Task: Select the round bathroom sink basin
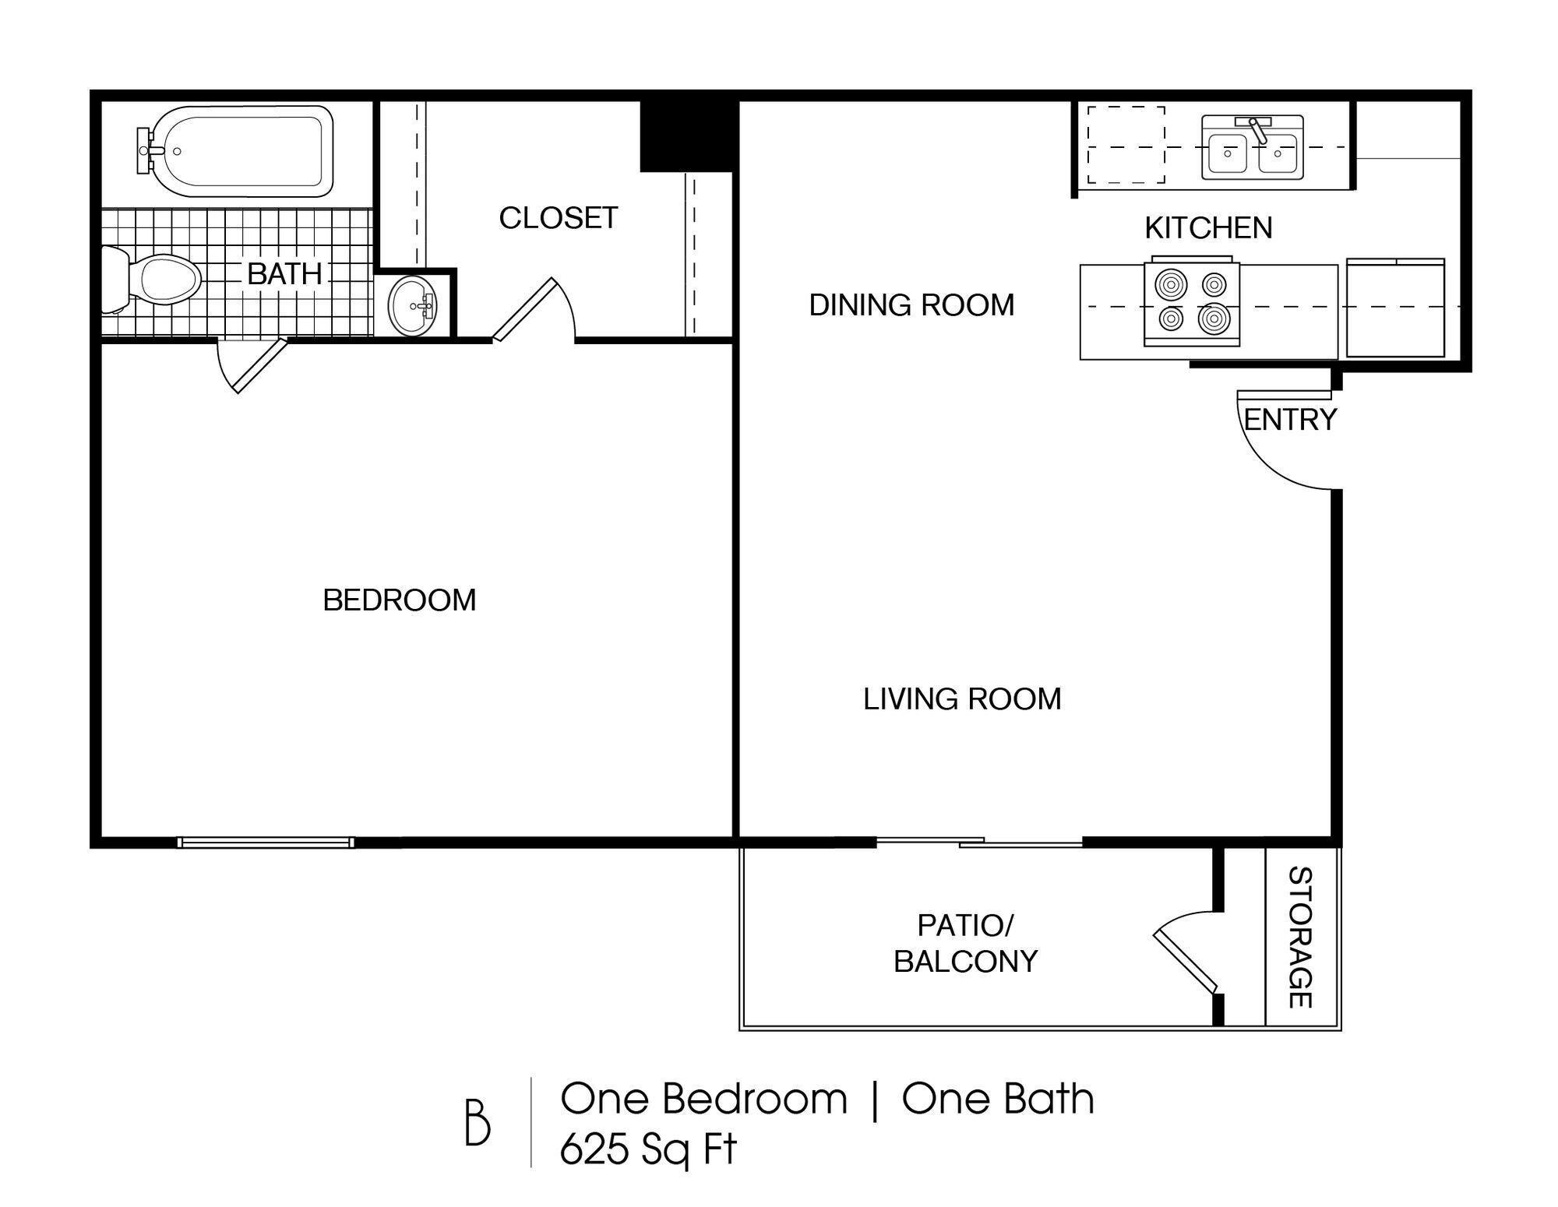[x=413, y=306]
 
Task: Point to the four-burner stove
[x=1191, y=303]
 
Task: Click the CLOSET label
[x=559, y=218]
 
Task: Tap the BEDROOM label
[x=399, y=600]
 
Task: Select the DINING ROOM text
[x=911, y=305]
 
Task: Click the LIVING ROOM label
[x=962, y=699]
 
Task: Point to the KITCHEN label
[x=1208, y=228]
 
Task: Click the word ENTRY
[x=1290, y=421]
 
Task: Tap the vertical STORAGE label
[x=1301, y=938]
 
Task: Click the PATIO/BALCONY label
[x=965, y=944]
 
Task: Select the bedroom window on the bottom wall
[x=266, y=842]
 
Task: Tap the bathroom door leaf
[x=261, y=366]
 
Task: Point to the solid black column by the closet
[x=686, y=136]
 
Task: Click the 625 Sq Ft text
[x=648, y=1149]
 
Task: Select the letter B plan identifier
[x=478, y=1122]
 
